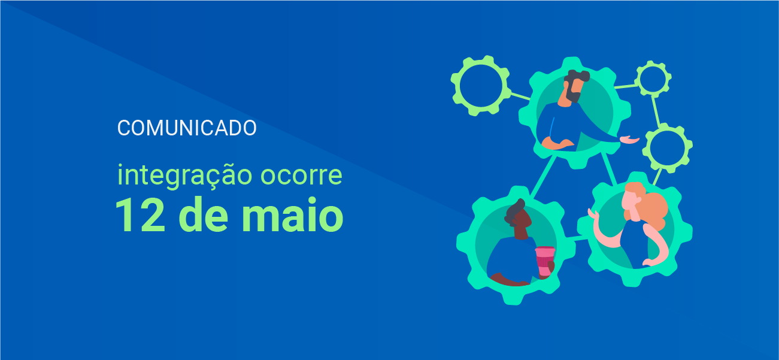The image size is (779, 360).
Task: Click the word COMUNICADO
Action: pyautogui.click(x=187, y=128)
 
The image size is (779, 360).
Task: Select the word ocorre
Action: pyautogui.click(x=301, y=176)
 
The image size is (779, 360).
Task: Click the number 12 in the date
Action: pyautogui.click(x=140, y=214)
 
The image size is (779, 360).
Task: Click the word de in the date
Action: pyautogui.click(x=204, y=214)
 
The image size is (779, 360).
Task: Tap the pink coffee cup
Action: pyautogui.click(x=544, y=261)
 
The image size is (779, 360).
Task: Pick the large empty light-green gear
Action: pyautogui.click(x=480, y=86)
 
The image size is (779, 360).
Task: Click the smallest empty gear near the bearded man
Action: pyautogui.click(x=653, y=78)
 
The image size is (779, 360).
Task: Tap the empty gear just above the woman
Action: pyautogui.click(x=667, y=148)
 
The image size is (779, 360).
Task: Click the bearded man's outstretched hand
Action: pyautogui.click(x=630, y=140)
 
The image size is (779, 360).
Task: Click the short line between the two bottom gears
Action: pyautogui.click(x=577, y=238)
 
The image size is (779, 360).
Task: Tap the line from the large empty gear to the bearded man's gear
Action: pyautogui.click(x=520, y=96)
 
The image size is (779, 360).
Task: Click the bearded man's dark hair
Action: pyautogui.click(x=576, y=75)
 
